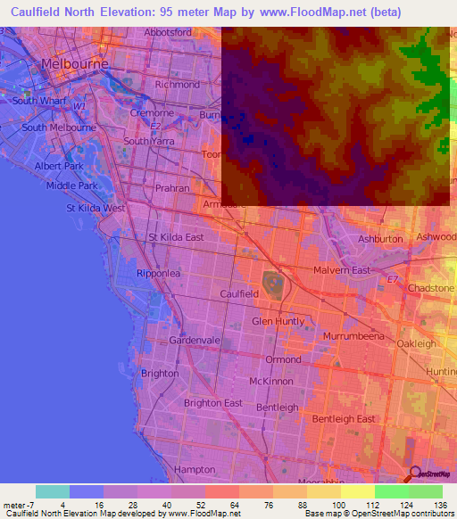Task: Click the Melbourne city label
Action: coord(75,64)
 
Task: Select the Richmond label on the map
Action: coord(178,85)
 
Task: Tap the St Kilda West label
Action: coord(96,208)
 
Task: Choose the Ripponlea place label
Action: coord(159,273)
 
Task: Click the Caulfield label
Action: coord(239,292)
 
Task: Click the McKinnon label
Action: coord(271,381)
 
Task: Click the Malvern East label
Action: coord(342,269)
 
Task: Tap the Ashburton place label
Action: coord(380,239)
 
